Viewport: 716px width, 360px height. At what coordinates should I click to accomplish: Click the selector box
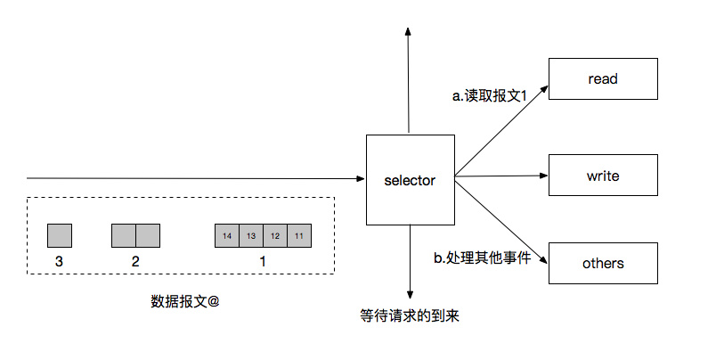[x=410, y=180]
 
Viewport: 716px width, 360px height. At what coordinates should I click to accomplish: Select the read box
[x=603, y=78]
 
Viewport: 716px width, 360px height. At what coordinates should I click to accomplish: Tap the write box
[x=603, y=176]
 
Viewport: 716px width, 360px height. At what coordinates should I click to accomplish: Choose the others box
[x=603, y=263]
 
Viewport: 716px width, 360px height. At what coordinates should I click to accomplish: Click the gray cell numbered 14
[x=227, y=235]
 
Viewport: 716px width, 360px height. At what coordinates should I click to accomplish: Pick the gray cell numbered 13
[x=251, y=235]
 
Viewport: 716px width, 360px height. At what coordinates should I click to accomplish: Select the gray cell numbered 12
[x=275, y=235]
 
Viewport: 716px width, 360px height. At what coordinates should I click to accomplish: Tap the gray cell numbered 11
[x=299, y=235]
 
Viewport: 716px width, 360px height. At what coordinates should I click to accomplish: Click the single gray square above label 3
[x=60, y=235]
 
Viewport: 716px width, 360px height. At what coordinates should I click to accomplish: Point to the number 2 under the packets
[x=135, y=262]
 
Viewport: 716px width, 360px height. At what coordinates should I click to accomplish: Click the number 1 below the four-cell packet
[x=263, y=262]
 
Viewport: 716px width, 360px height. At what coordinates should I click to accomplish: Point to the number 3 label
[x=59, y=262]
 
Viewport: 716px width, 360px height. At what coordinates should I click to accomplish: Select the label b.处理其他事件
[x=482, y=258]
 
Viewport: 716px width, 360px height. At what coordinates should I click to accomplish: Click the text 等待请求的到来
[x=410, y=316]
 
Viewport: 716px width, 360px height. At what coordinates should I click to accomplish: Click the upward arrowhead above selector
[x=409, y=32]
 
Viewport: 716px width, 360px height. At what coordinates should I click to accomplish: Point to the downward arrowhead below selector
[x=410, y=293]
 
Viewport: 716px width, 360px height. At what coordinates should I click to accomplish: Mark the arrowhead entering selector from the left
[x=361, y=179]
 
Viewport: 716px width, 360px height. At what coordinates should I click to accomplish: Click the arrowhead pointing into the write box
[x=542, y=176]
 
